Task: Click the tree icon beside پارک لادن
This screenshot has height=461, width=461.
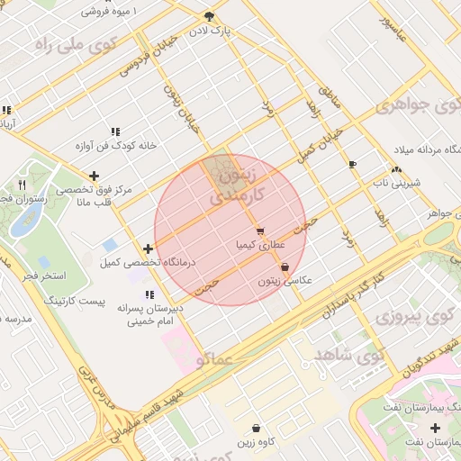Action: click(x=210, y=16)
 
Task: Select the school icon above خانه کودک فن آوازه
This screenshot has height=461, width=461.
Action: click(x=115, y=131)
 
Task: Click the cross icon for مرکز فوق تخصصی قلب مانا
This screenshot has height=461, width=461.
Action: click(x=94, y=176)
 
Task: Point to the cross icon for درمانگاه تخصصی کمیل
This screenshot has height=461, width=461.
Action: click(x=148, y=249)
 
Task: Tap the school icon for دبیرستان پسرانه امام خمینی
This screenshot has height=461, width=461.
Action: click(x=149, y=294)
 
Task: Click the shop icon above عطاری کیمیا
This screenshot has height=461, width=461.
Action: click(x=259, y=231)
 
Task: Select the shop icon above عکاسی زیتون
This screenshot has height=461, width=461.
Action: click(x=285, y=267)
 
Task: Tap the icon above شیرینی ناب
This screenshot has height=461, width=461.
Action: click(x=396, y=169)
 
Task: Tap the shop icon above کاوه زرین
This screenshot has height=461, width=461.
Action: click(x=257, y=429)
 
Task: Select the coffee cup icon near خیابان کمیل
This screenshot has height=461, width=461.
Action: click(x=352, y=164)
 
